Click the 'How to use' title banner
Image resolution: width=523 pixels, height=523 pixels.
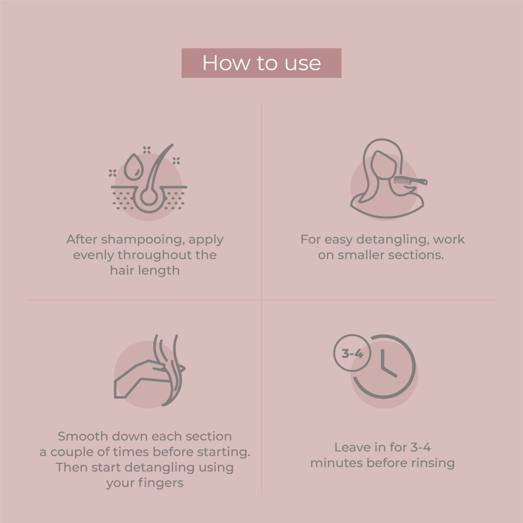point(261,63)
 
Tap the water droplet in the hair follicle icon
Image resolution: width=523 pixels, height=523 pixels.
point(133,167)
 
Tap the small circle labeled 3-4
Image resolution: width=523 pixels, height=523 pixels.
point(352,353)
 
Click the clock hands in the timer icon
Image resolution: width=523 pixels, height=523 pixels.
point(388,363)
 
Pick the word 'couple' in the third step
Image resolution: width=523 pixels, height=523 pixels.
point(70,452)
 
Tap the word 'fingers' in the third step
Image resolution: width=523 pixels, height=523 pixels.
point(161,483)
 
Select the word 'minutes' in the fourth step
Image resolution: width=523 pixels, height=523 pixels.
point(336,463)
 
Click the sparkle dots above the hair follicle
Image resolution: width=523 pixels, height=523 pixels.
point(147,150)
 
